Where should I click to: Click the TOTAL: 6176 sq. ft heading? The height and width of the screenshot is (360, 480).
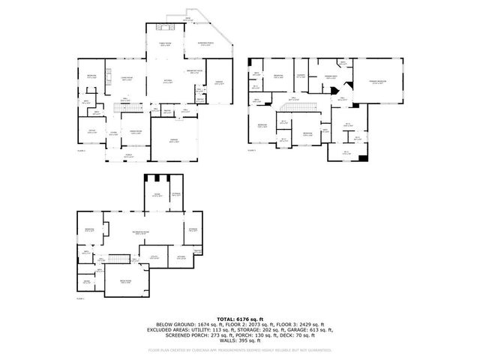pyautogui.click(x=240, y=319)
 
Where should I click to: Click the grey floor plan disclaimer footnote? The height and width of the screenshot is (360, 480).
pyautogui.click(x=240, y=349)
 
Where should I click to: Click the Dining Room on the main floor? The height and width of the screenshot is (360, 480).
pyautogui.click(x=136, y=133)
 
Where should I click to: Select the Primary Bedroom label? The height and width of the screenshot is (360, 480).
pyautogui.click(x=377, y=82)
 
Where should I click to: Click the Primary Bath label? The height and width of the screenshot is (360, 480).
pyautogui.click(x=331, y=76)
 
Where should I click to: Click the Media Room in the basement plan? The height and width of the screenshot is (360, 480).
pyautogui.click(x=126, y=281)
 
